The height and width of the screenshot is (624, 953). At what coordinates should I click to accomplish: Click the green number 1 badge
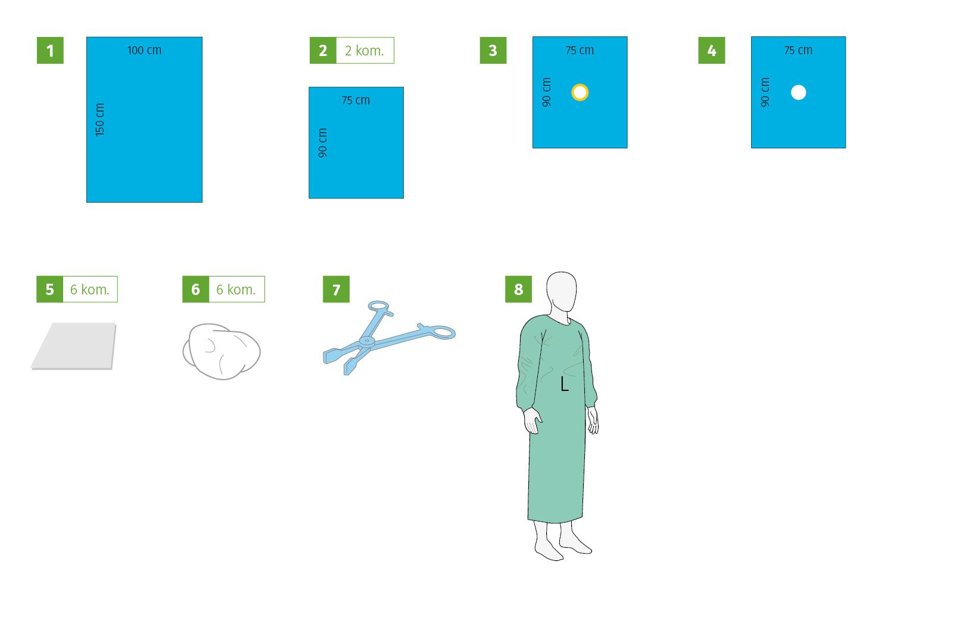tap(50, 50)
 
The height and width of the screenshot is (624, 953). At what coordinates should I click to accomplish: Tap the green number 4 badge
tap(711, 50)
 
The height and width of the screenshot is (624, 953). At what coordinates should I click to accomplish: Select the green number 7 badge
tap(336, 289)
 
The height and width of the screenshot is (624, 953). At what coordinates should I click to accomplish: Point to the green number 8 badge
tap(518, 289)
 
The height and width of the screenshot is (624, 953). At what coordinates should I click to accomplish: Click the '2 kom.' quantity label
tap(365, 51)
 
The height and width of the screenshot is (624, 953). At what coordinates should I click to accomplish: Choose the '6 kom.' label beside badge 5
tap(90, 290)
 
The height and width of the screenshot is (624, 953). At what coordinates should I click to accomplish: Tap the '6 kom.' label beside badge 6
tap(236, 290)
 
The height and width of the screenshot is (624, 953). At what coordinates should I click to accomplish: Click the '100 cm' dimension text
tap(144, 50)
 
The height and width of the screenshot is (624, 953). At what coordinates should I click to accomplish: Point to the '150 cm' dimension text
tap(99, 120)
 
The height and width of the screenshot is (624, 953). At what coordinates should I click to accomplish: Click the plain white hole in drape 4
tap(798, 92)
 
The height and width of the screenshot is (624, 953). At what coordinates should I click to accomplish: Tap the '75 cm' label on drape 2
tap(356, 101)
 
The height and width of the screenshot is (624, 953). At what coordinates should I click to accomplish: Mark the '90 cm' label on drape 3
tap(546, 92)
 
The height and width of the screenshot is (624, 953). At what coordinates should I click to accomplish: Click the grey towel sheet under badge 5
tap(74, 346)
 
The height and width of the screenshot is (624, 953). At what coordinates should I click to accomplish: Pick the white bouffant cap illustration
tap(221, 351)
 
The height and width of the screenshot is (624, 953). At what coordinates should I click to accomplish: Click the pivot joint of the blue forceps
tap(366, 341)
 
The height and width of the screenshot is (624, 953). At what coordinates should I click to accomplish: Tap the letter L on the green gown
tap(564, 384)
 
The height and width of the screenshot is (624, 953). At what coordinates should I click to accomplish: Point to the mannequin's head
tap(561, 292)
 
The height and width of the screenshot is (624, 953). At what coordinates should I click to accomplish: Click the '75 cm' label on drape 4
tap(798, 50)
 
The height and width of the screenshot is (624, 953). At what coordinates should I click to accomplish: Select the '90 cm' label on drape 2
tap(322, 142)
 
